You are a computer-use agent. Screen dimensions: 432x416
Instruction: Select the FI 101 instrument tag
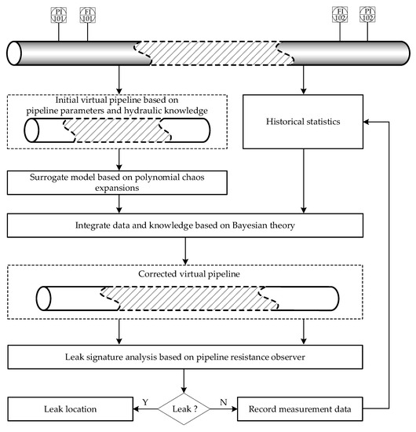pyautogui.click(x=88, y=14)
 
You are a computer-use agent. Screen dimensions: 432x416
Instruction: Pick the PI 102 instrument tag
pyautogui.click(x=367, y=14)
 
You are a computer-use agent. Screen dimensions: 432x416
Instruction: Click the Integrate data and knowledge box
pyautogui.click(x=186, y=225)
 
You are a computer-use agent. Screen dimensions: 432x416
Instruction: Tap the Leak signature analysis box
pyautogui.click(x=186, y=358)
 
